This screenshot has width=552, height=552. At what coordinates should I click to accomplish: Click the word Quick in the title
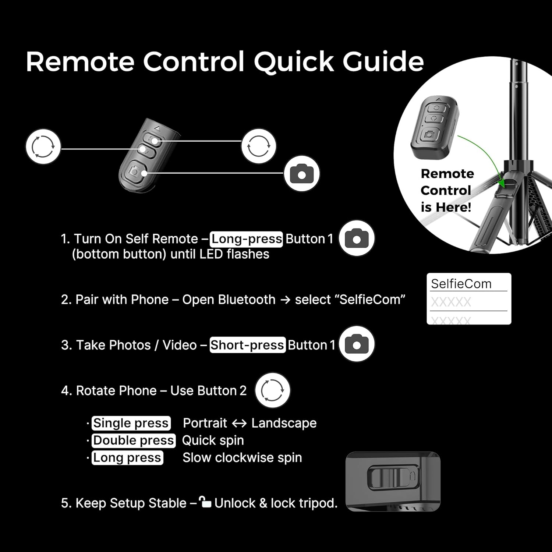(294, 62)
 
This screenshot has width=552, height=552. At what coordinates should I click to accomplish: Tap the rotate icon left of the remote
(43, 146)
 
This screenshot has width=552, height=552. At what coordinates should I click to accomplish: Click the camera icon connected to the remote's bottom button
(301, 174)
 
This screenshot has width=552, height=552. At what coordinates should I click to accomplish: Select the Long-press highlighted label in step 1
(247, 239)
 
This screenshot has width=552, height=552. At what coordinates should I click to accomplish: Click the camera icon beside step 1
(356, 238)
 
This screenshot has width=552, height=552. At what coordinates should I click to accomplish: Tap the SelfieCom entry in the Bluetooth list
(461, 284)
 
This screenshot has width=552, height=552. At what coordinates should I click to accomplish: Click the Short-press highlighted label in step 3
(247, 345)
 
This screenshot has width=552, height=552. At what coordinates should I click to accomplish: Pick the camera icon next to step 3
(356, 344)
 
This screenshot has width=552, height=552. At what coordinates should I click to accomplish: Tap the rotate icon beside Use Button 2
(272, 390)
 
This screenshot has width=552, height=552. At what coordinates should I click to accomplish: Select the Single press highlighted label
(131, 423)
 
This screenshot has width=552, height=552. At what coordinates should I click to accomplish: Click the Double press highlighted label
(133, 440)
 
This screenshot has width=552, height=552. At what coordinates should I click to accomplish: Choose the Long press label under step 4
(127, 458)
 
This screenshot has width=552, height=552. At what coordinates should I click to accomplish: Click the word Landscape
(284, 423)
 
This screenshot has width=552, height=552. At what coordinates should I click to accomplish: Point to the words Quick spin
(213, 440)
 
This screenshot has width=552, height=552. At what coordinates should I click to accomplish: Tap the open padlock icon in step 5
(205, 502)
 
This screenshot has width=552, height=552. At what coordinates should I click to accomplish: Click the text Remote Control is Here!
(446, 190)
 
